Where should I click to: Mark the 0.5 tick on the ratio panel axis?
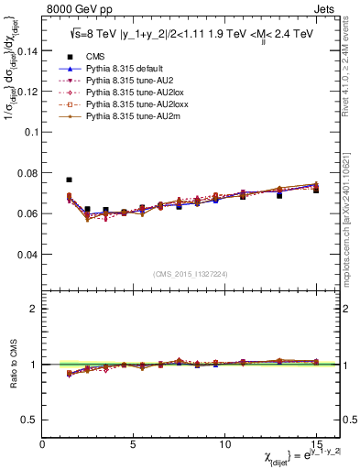[29, 420]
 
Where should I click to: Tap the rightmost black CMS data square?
[316, 190]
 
